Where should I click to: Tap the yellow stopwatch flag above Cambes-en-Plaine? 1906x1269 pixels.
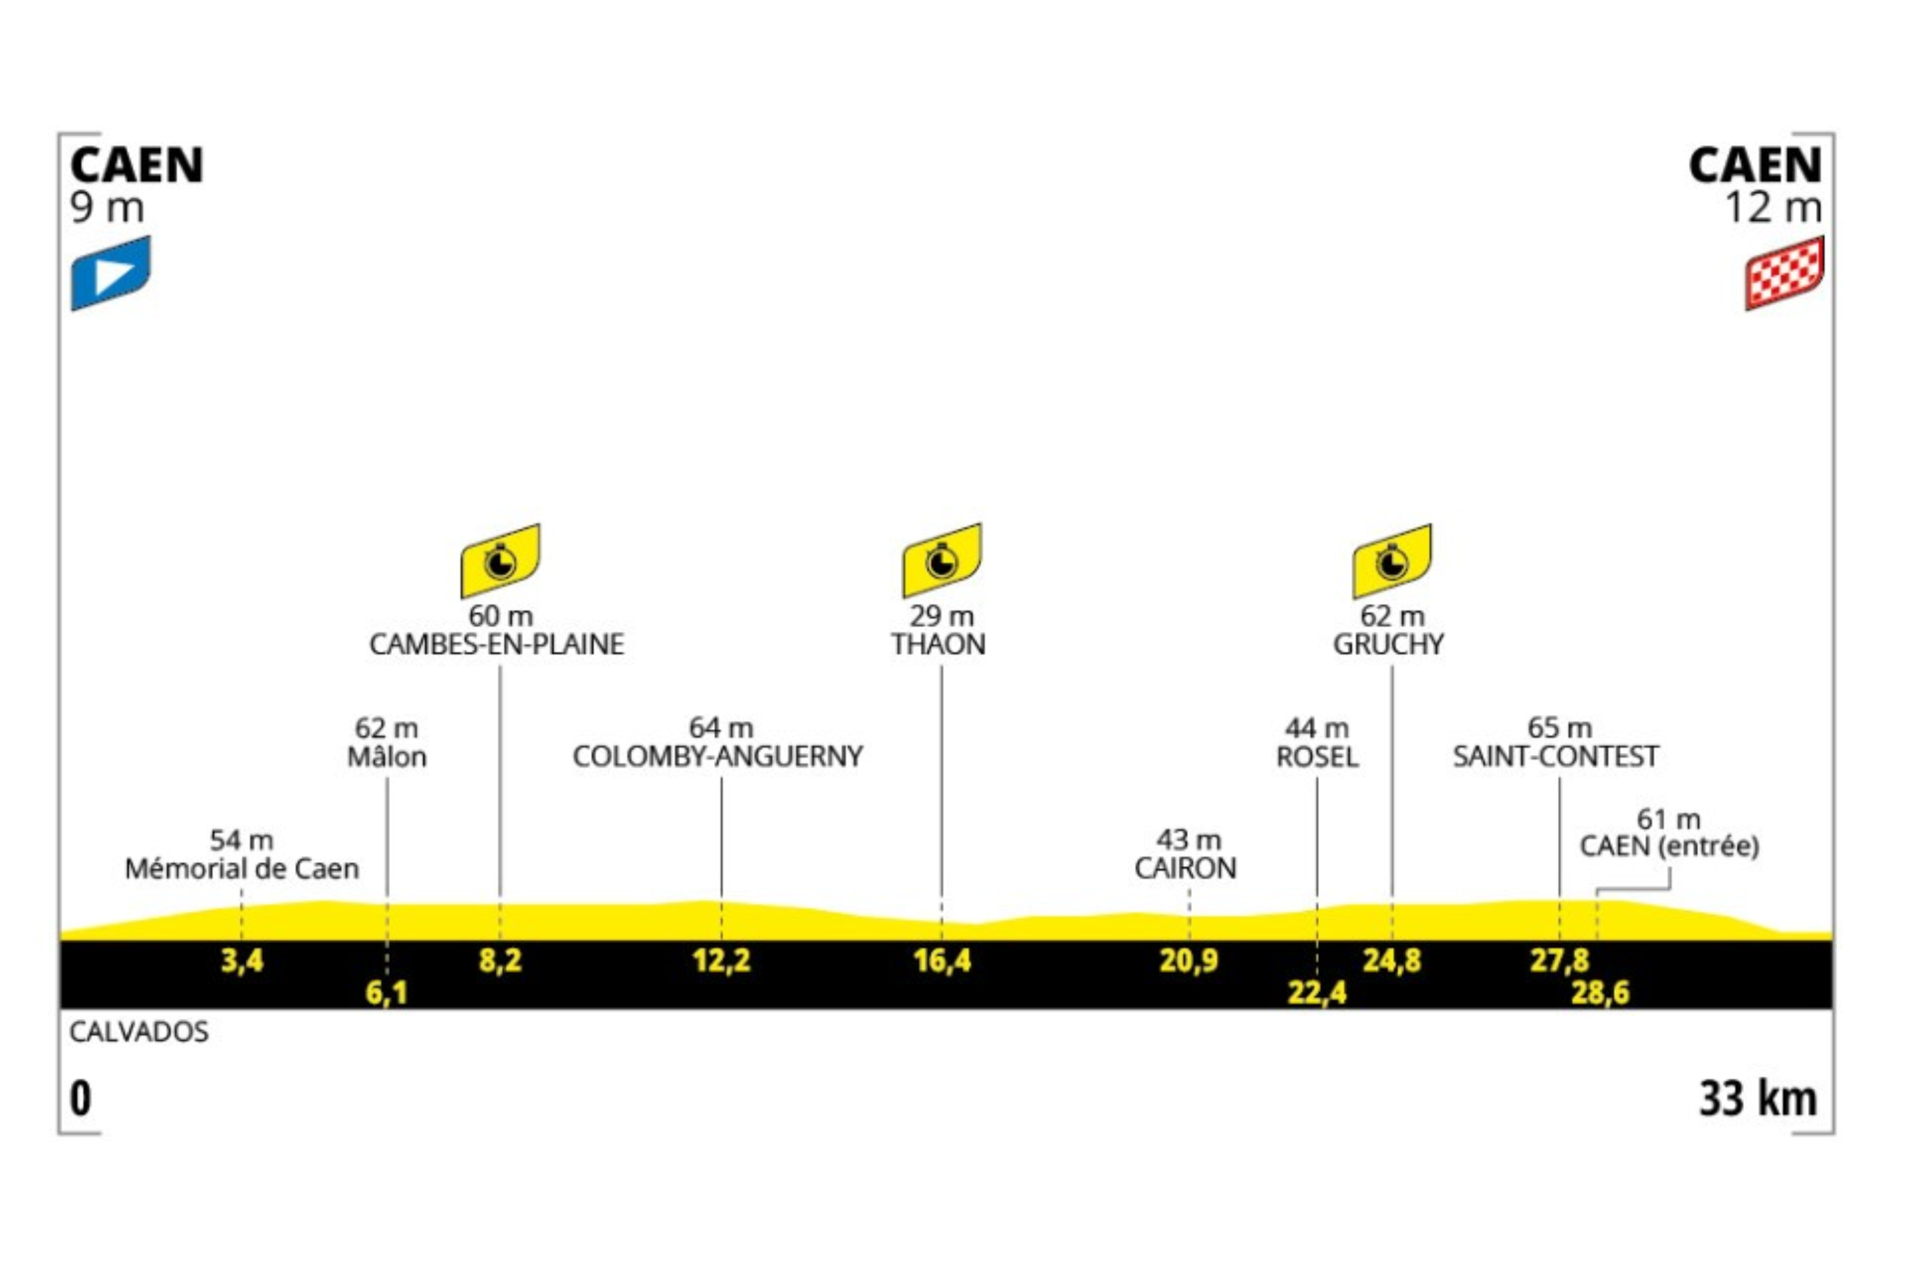[x=500, y=560]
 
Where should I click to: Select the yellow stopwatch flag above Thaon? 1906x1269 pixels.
[x=941, y=560]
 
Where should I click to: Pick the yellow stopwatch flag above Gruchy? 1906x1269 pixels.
[x=1391, y=560]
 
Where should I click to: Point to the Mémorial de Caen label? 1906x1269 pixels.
[x=242, y=869]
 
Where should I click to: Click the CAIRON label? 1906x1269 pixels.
[x=1186, y=869]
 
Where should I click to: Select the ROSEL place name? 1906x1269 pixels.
[x=1317, y=757]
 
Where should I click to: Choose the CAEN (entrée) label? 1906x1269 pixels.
[x=1670, y=847]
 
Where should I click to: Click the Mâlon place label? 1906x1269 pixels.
[x=387, y=757]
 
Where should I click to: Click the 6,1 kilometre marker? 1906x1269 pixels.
[x=387, y=992]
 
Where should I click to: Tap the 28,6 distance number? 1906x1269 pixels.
[x=1600, y=992]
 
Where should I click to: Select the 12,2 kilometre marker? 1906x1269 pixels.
[x=721, y=961]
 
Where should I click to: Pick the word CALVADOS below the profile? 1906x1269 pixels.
[x=139, y=1032]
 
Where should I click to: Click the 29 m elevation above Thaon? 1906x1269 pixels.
[x=941, y=616]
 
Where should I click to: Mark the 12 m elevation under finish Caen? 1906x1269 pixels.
[x=1774, y=208]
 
